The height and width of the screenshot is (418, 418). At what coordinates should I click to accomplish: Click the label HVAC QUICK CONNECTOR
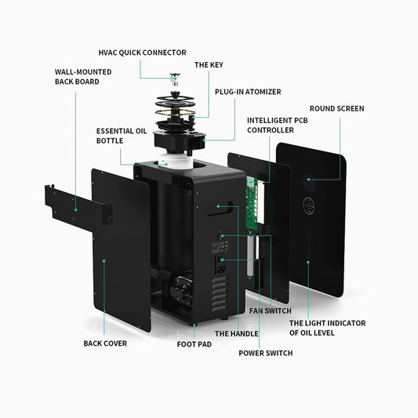tap(143, 53)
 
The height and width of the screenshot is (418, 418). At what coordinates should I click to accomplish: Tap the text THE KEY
tap(209, 65)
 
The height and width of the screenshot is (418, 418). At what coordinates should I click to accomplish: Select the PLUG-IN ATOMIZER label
tap(248, 92)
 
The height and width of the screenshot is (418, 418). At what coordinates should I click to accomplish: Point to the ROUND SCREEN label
tap(336, 108)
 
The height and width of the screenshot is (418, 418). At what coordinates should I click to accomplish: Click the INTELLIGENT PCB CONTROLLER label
tap(278, 125)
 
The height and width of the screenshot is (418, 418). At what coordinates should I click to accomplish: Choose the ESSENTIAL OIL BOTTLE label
tap(122, 136)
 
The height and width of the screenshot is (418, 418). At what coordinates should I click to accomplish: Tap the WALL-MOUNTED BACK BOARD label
tap(83, 77)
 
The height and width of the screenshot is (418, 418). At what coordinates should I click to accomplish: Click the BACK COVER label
tap(105, 343)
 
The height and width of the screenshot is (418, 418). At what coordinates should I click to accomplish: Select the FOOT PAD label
tap(194, 344)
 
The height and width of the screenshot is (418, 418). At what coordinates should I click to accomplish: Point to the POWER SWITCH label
tap(266, 353)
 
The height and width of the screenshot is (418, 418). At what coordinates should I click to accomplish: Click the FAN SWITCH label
tap(271, 311)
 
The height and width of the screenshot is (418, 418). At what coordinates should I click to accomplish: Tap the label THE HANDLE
tap(237, 333)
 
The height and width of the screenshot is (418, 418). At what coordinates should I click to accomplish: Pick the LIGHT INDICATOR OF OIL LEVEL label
tap(327, 328)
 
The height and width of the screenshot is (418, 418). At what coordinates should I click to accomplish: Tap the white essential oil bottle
tap(176, 161)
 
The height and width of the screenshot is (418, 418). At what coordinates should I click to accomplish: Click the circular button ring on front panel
tap(309, 205)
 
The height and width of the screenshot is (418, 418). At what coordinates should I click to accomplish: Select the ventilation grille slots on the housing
tap(220, 294)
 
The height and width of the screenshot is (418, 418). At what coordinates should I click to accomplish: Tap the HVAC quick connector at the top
tap(175, 79)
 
